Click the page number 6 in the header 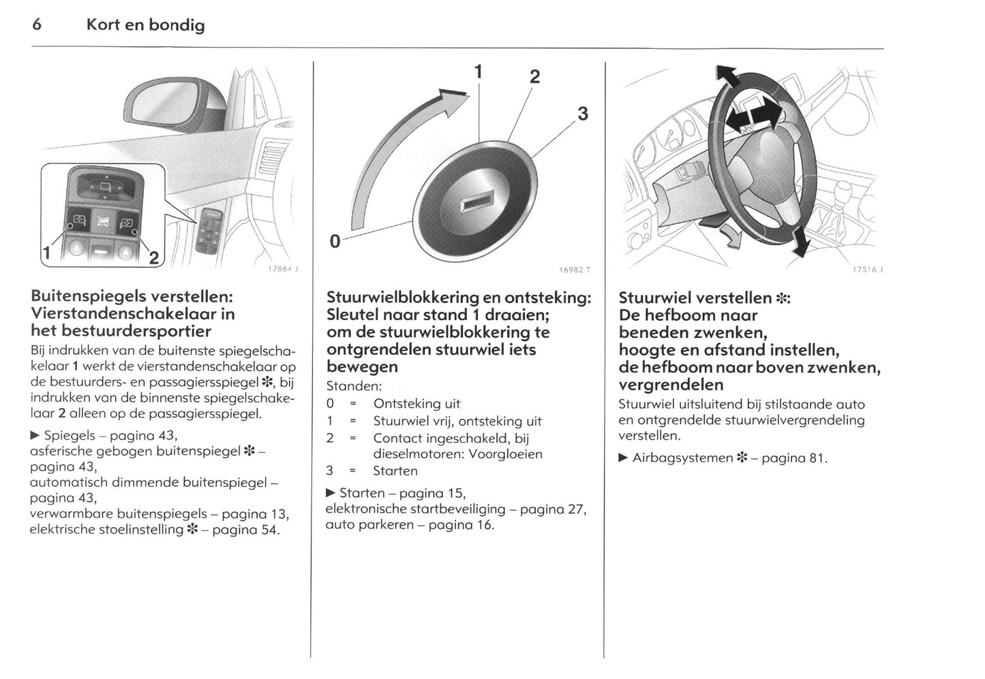point(37,25)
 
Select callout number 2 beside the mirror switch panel point(153,258)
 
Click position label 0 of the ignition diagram point(335,240)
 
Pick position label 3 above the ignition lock point(582,114)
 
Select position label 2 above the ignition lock point(534,77)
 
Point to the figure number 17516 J point(867,270)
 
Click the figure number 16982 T point(574,270)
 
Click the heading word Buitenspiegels point(89,297)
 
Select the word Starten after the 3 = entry point(395,471)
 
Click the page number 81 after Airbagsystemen point(817,458)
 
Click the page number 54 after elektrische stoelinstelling point(269,529)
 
